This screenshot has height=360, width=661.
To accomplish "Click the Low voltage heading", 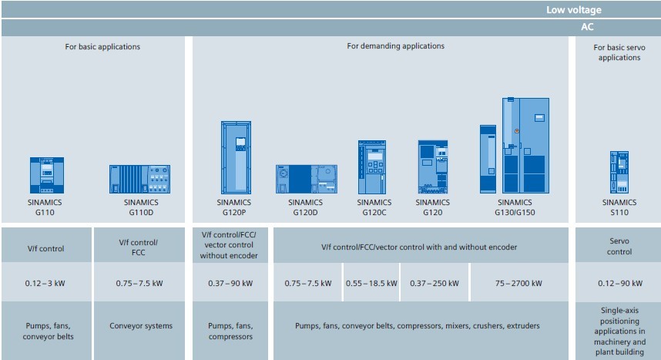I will pos(573,10).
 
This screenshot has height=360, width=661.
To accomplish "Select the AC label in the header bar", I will pos(586,26).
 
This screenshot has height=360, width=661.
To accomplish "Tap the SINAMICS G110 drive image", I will pos(46,175).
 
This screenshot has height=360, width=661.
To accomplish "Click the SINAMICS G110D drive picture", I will pos(139,179).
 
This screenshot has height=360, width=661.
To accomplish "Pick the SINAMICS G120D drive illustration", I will pos(306,179).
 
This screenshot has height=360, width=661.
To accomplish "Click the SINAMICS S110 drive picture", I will pos(619,172).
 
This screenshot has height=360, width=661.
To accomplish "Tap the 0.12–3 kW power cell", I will pos(46,283).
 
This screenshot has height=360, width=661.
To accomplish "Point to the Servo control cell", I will pos(619,247).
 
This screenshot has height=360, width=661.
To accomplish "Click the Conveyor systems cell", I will pos(140,325).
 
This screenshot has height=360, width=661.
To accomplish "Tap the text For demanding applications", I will pos(395,46).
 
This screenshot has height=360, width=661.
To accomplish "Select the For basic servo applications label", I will pos(619,52).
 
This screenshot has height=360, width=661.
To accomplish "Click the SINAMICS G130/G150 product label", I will pos(515,207).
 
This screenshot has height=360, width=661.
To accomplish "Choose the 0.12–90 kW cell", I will pos(619,283).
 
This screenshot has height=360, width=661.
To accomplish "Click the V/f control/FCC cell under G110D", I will pos(140,247).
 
